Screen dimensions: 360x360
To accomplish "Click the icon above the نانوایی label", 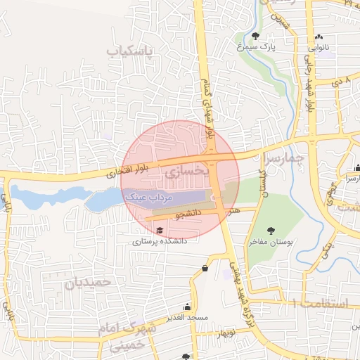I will [320, 37].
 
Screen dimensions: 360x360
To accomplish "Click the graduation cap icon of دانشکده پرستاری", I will [160, 231].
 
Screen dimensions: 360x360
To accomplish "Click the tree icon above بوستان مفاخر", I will [271, 230].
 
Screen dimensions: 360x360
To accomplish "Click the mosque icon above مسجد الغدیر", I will [187, 307].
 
